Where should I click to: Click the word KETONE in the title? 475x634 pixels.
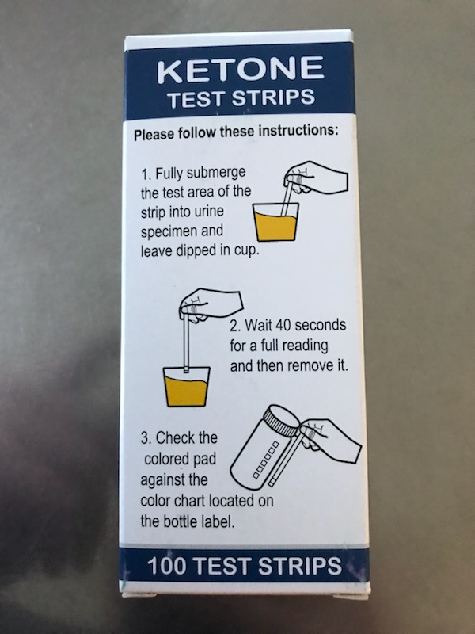pos(241,69)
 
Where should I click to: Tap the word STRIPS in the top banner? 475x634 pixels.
pos(273,97)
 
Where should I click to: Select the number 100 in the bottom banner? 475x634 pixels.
pos(166,566)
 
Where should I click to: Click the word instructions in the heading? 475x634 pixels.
pos(298,132)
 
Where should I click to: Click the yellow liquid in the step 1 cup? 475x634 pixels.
pos(275,227)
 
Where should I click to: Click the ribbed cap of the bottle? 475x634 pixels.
pos(281,421)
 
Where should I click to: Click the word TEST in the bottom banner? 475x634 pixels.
pos(222,566)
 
